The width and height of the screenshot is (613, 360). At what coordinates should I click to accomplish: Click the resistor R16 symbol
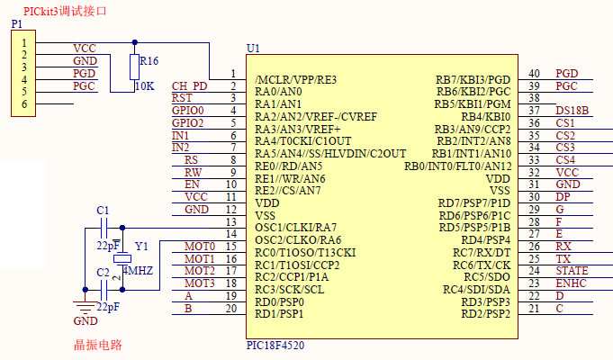point(135,67)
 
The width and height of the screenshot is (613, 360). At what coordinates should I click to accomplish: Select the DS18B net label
point(572,111)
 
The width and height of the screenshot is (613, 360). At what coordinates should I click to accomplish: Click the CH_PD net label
point(189,86)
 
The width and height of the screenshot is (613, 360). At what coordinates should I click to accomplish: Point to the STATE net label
point(572,270)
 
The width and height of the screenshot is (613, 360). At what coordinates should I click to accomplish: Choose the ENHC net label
point(571,283)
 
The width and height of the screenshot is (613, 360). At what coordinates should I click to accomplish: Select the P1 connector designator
point(17,23)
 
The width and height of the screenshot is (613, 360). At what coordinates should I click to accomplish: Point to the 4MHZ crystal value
point(136,270)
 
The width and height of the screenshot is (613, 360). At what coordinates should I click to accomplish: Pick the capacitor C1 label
point(103,211)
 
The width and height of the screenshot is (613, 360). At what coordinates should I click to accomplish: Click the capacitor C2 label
point(103,272)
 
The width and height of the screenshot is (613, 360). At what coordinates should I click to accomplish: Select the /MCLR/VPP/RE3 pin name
point(295,79)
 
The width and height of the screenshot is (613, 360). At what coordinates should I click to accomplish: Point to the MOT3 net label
point(199,283)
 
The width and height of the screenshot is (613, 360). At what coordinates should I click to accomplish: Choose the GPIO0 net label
point(188,111)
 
